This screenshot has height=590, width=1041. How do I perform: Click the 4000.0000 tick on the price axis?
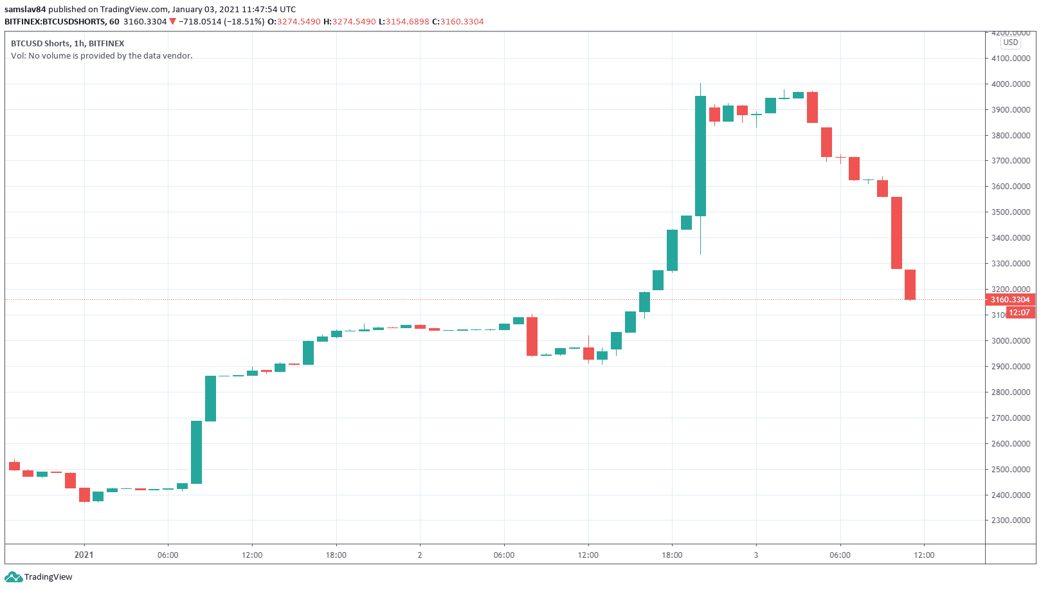coord(1010,84)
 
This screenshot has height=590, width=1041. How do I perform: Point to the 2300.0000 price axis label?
coord(1010,520)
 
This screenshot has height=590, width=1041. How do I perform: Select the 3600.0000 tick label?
coord(1010,186)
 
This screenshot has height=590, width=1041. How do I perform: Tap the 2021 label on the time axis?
coord(84,555)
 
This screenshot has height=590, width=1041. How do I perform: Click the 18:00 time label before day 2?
coord(336,555)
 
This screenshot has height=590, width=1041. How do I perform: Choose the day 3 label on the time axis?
coord(756,555)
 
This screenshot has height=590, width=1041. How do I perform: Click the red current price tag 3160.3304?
coord(1009,299)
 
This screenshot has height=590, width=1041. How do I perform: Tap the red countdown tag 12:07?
coord(1019,313)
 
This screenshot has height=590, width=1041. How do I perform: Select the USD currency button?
coord(1011,42)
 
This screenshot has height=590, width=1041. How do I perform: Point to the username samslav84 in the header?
coord(25,9)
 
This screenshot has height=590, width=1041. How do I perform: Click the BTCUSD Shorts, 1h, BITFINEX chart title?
coord(68,43)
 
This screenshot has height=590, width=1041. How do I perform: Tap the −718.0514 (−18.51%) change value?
coord(221,21)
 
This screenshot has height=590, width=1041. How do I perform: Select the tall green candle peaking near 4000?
coord(700,156)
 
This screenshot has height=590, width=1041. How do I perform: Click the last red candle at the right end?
coord(910,284)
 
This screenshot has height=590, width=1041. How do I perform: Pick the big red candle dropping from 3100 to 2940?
coord(532,336)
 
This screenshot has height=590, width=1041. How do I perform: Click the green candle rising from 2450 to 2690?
coord(196,452)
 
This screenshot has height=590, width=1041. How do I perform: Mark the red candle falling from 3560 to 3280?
coord(896,233)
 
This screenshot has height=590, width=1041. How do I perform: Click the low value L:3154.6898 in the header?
coord(404,21)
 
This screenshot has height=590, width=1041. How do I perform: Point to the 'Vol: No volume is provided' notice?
coord(102,55)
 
